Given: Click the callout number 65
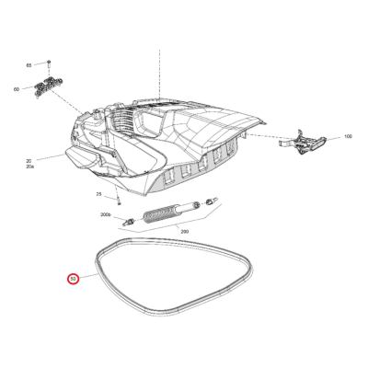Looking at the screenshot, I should [x=29, y=65].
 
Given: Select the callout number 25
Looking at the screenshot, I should [x=99, y=195].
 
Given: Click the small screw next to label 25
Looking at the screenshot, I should [x=119, y=198].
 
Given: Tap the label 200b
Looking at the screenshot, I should [x=105, y=216].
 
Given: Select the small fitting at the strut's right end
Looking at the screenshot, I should [x=210, y=199].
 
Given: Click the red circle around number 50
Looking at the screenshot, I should [x=72, y=278].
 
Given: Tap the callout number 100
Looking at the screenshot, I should [x=348, y=137].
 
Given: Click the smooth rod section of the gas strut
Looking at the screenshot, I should [x=190, y=204].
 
